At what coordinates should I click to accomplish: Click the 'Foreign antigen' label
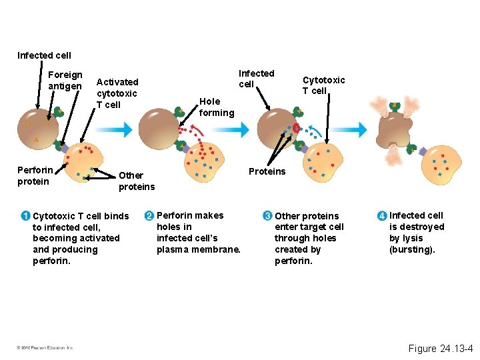[x=65, y=81]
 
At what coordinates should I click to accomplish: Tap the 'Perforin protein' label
[x=35, y=176]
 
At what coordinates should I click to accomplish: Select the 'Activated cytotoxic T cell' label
[x=117, y=93]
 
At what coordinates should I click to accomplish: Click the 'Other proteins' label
[x=136, y=181]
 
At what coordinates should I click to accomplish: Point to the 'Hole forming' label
[x=216, y=107]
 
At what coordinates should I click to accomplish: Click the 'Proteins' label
[x=267, y=171]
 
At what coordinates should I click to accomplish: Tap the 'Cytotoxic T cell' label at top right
[x=323, y=85]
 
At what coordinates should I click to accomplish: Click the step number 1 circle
[x=25, y=216]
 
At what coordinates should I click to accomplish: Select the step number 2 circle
[x=149, y=215]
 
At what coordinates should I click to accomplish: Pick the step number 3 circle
[x=267, y=216]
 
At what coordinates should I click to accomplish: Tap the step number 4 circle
[x=381, y=216]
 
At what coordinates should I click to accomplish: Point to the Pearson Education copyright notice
[x=46, y=347]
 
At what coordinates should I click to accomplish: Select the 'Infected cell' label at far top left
[x=44, y=55]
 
